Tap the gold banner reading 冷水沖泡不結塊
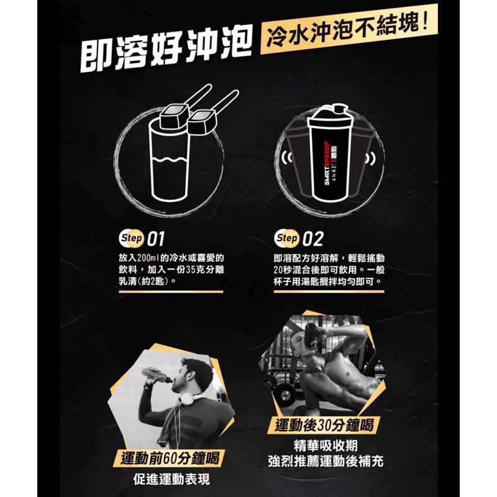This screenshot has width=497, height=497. coord(349,29)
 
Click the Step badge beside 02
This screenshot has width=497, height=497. coord(287,238)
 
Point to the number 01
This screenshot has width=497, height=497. coord(156,239)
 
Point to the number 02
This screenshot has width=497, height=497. coord(313,239)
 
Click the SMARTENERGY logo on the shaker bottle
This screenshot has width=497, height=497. coord(328,163)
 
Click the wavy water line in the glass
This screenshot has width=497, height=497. coord(170,160)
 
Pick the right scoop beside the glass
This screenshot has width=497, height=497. coord(211,114)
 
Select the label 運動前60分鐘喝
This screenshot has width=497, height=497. coord(170,458)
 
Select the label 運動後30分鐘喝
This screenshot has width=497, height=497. coord(324,425)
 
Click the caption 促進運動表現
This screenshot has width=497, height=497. coord(171,479)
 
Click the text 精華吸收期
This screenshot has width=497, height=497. coord(326,445)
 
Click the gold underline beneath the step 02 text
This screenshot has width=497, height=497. coord(329,291)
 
